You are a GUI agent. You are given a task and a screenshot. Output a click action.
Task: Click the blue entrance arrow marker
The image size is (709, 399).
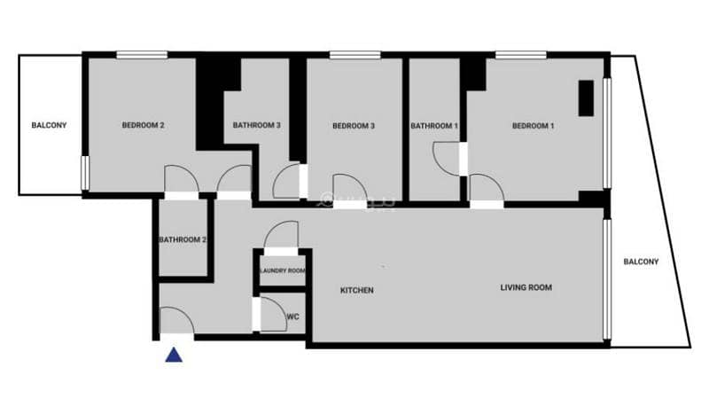click(174, 356)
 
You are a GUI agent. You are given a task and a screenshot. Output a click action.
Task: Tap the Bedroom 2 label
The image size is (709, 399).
click(143, 125)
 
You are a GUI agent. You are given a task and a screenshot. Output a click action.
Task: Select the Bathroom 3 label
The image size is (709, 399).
click(257, 125)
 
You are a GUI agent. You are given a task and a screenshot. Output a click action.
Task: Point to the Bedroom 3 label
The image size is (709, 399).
click(354, 126)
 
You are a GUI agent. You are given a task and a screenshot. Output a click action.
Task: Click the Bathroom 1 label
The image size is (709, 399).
click(434, 126)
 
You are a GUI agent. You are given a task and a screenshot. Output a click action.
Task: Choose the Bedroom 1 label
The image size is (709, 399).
click(534, 126)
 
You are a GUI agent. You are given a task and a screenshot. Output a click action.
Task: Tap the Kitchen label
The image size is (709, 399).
click(357, 290)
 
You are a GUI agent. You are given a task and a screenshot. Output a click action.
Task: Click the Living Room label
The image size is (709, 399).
click(526, 287)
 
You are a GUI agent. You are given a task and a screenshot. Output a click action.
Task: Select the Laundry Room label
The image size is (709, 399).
click(283, 270)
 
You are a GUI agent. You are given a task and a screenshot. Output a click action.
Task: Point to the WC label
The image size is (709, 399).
click(293, 317)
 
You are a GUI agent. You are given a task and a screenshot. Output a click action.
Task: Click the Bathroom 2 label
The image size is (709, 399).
click(183, 239)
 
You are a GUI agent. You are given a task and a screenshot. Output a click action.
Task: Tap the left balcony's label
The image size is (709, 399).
click(49, 125)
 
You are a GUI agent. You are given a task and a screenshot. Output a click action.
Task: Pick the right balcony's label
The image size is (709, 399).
click(641, 262)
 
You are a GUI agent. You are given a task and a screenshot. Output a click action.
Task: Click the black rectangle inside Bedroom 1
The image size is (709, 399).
click(587, 98)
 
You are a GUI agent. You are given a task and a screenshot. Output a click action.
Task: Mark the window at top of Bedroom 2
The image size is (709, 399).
click(142, 55)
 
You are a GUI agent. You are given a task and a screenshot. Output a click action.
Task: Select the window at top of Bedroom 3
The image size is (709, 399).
click(355, 55)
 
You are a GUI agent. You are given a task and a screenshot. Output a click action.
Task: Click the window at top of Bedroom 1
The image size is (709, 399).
click(521, 55)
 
